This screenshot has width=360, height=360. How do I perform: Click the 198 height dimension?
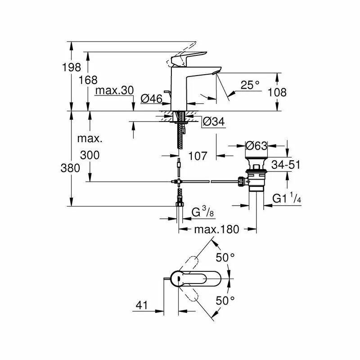click(72, 67)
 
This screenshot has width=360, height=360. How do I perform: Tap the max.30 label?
click(114, 90)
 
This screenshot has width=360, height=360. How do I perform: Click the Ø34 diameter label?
click(213, 121)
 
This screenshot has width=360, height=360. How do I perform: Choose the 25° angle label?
click(250, 85)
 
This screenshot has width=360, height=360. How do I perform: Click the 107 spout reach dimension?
click(198, 156)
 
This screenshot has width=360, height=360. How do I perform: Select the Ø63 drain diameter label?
click(256, 146)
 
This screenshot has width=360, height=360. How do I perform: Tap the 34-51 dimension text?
click(286, 165)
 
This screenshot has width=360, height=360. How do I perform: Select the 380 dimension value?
click(71, 168)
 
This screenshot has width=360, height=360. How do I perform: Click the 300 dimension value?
click(90, 155)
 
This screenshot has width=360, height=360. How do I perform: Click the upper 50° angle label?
click(225, 258)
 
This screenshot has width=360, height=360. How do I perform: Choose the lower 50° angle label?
click(225, 300)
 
